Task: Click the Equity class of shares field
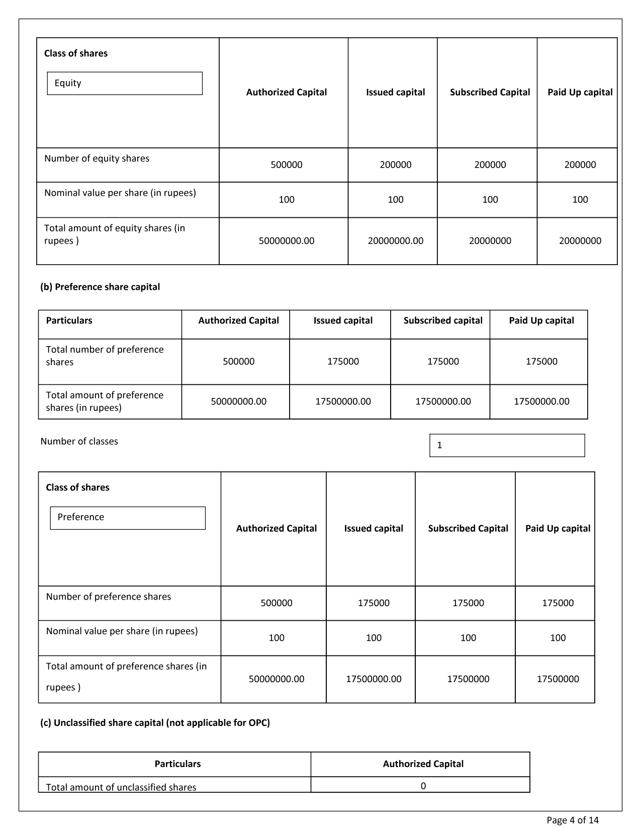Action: (x=125, y=84)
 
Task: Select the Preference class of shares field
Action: (x=128, y=518)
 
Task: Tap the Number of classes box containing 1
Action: (x=507, y=445)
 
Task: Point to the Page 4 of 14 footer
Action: (x=573, y=820)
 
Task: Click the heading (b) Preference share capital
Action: (x=100, y=287)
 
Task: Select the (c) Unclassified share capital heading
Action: (x=155, y=722)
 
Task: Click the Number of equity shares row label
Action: (x=97, y=158)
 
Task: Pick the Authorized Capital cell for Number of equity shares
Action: (x=287, y=165)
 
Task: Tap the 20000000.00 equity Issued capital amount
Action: (x=395, y=241)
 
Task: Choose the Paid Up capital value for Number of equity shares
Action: (x=580, y=165)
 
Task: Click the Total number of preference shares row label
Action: (x=105, y=356)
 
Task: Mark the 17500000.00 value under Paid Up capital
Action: (x=541, y=401)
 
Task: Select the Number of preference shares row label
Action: (x=109, y=597)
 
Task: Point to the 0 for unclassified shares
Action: (x=423, y=786)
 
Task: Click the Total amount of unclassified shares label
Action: (x=121, y=787)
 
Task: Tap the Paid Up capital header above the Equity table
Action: (x=580, y=92)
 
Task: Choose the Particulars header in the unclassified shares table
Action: (x=177, y=764)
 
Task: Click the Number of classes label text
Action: (x=79, y=441)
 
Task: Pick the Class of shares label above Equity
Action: (x=76, y=53)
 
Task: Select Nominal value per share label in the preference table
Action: (x=122, y=631)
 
